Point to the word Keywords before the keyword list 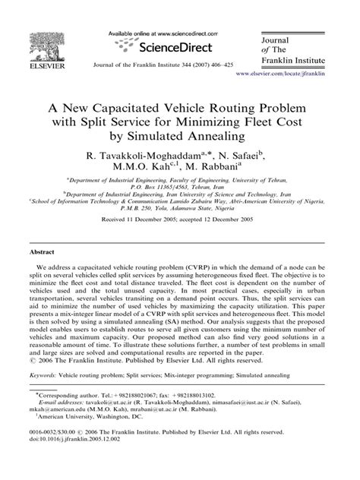(x=46, y=396)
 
